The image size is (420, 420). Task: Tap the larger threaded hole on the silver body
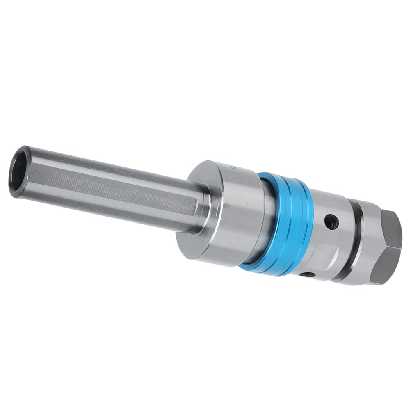coord(331,222)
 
